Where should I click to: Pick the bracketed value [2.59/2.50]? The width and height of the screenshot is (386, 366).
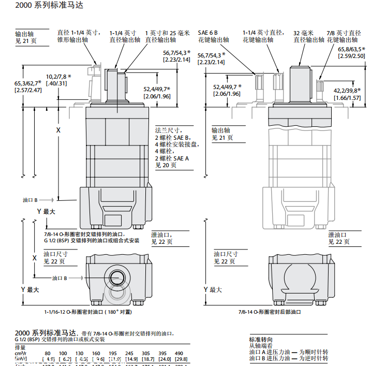[x=351, y=56]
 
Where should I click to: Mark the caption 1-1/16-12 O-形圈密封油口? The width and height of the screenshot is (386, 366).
[x=88, y=312]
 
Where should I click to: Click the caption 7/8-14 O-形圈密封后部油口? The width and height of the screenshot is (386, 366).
[x=270, y=312]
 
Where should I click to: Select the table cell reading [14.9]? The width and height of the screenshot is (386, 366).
[x=131, y=359]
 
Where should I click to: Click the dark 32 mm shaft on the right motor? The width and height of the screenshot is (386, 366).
[x=300, y=83]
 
